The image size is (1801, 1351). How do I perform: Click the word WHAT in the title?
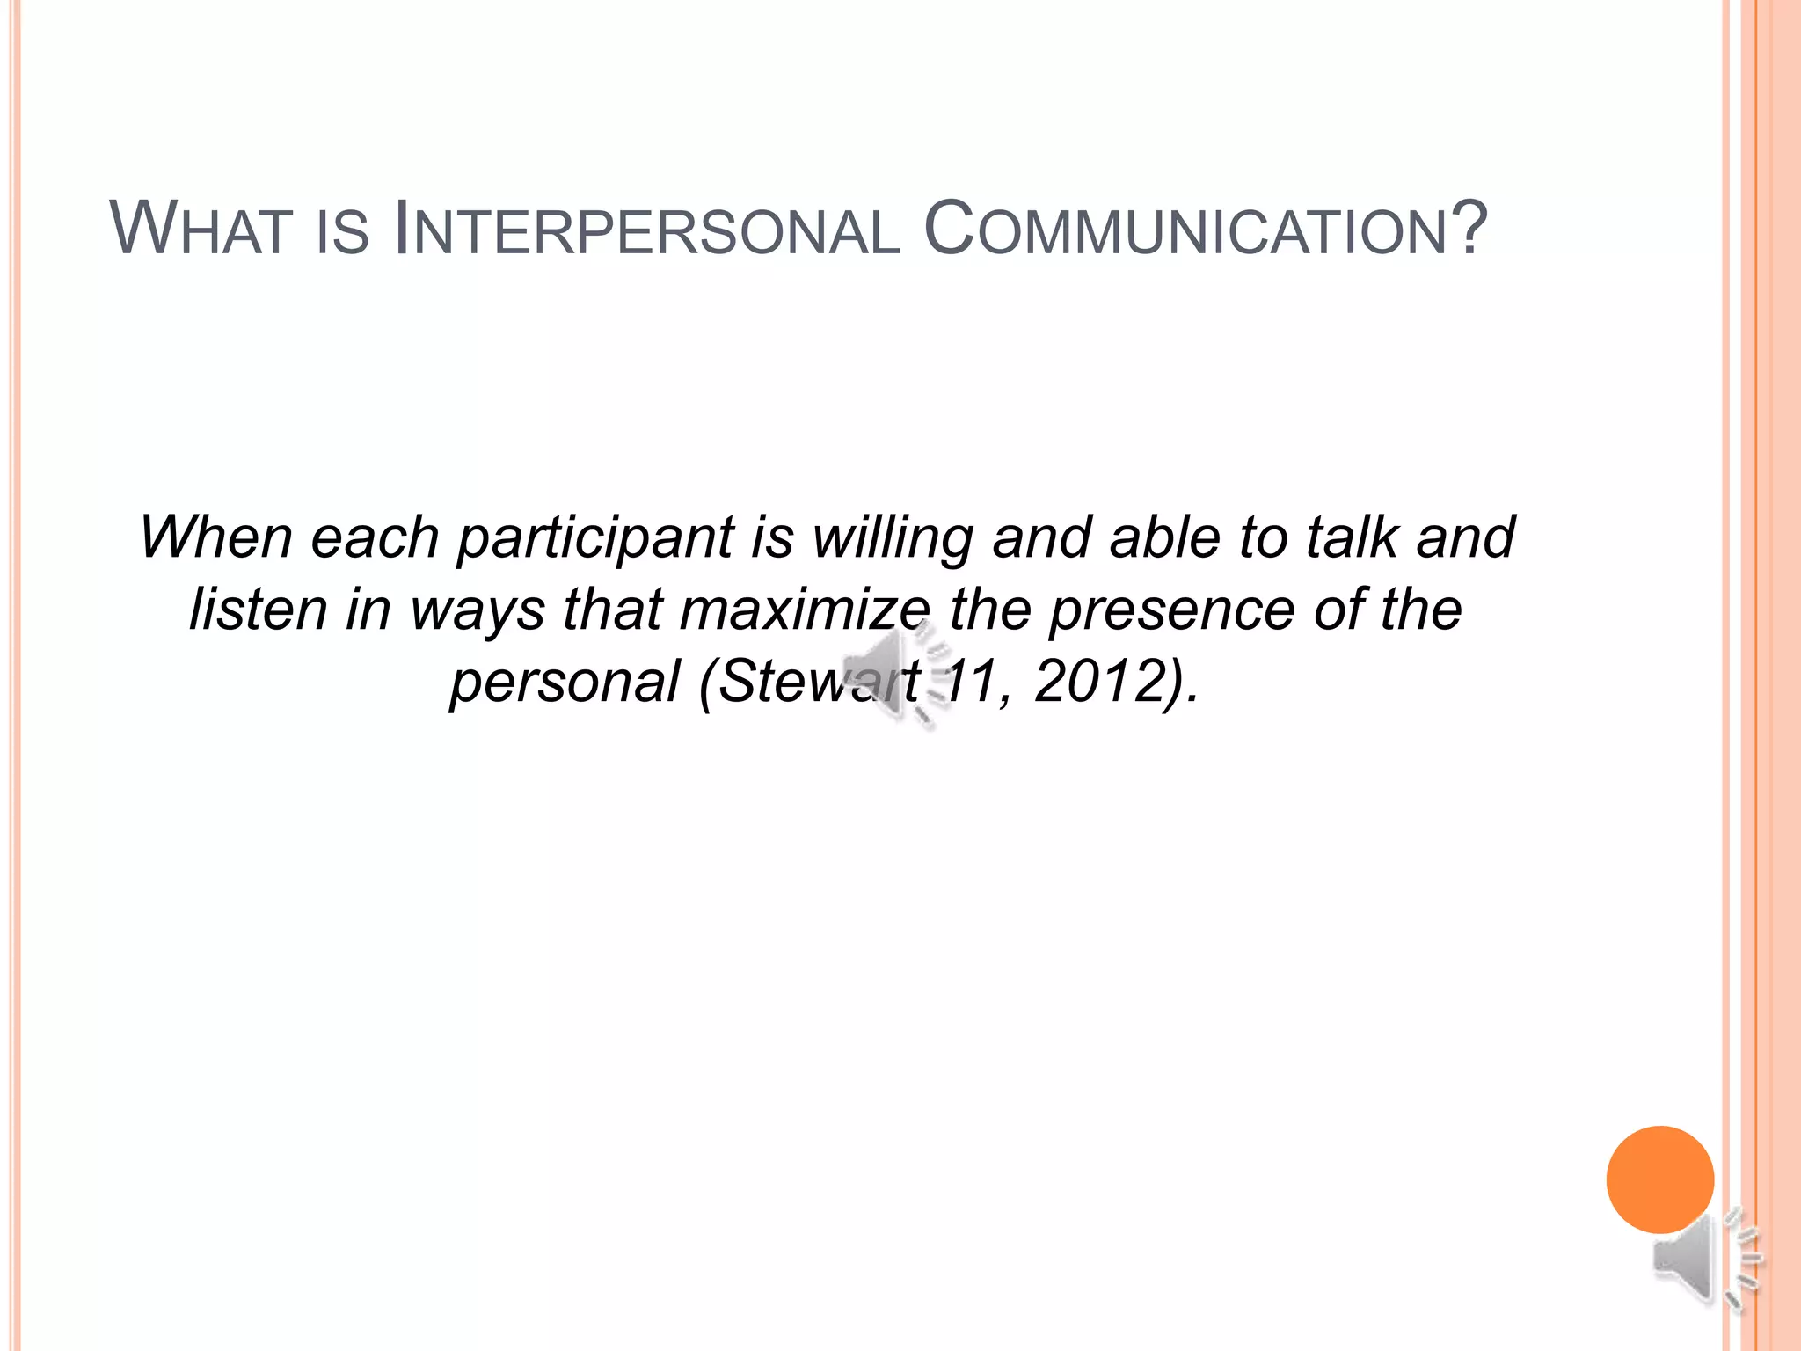pos(201,230)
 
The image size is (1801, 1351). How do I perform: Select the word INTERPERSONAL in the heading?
pos(647,230)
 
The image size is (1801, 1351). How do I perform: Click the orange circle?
pos(1659,1179)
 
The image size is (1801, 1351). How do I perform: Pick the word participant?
pos(595,538)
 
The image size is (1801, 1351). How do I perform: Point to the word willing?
pos(892,538)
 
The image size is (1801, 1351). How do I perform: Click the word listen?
pos(259,609)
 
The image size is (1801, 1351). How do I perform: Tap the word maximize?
pos(806,609)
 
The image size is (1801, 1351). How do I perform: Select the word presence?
pos(1171,610)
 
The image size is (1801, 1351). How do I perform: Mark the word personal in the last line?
pos(565,682)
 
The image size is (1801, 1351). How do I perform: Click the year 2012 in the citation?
pos(1105,681)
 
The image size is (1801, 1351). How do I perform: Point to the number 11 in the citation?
pos(968,681)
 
